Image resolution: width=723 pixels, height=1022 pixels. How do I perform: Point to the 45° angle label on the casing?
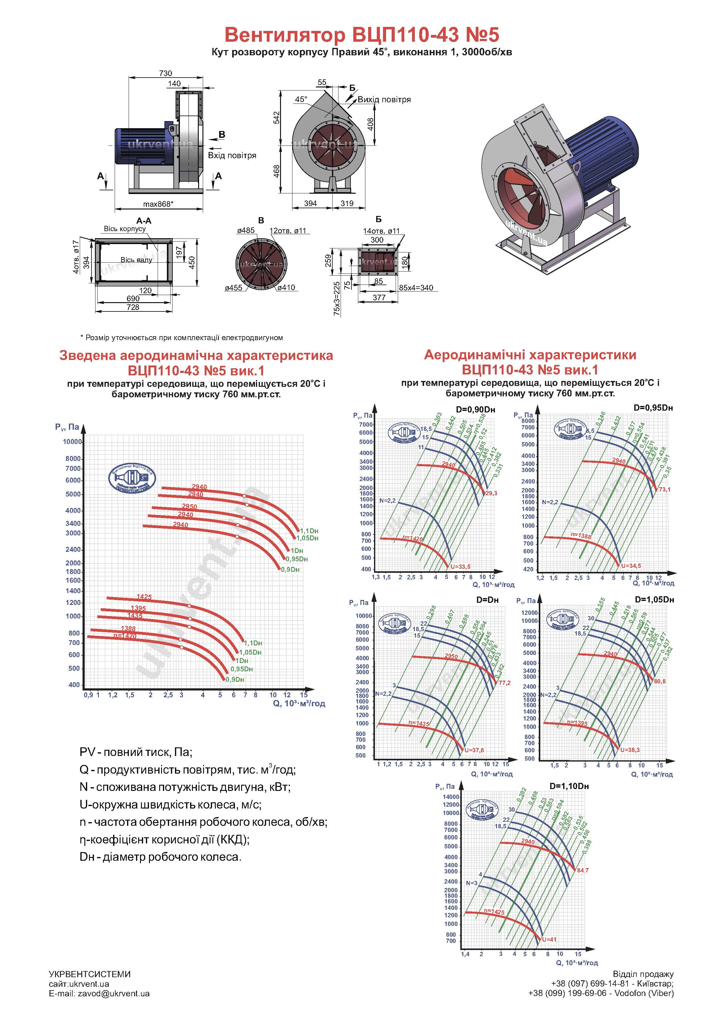click(301, 99)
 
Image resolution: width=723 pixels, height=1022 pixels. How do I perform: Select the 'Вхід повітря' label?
click(232, 155)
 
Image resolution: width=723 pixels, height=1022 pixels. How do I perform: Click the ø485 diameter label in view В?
click(246, 230)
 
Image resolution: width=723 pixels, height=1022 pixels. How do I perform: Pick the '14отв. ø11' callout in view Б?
click(381, 231)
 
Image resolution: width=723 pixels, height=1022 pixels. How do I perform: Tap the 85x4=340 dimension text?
click(416, 288)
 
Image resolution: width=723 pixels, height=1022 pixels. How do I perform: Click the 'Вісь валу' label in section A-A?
click(136, 260)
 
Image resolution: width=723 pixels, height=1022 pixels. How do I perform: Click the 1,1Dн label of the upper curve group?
click(309, 530)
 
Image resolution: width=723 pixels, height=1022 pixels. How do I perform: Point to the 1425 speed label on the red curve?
click(144, 597)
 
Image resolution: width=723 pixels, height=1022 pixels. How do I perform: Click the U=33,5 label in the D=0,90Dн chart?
click(460, 567)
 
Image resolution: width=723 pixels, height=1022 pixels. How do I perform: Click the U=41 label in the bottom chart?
click(549, 939)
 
